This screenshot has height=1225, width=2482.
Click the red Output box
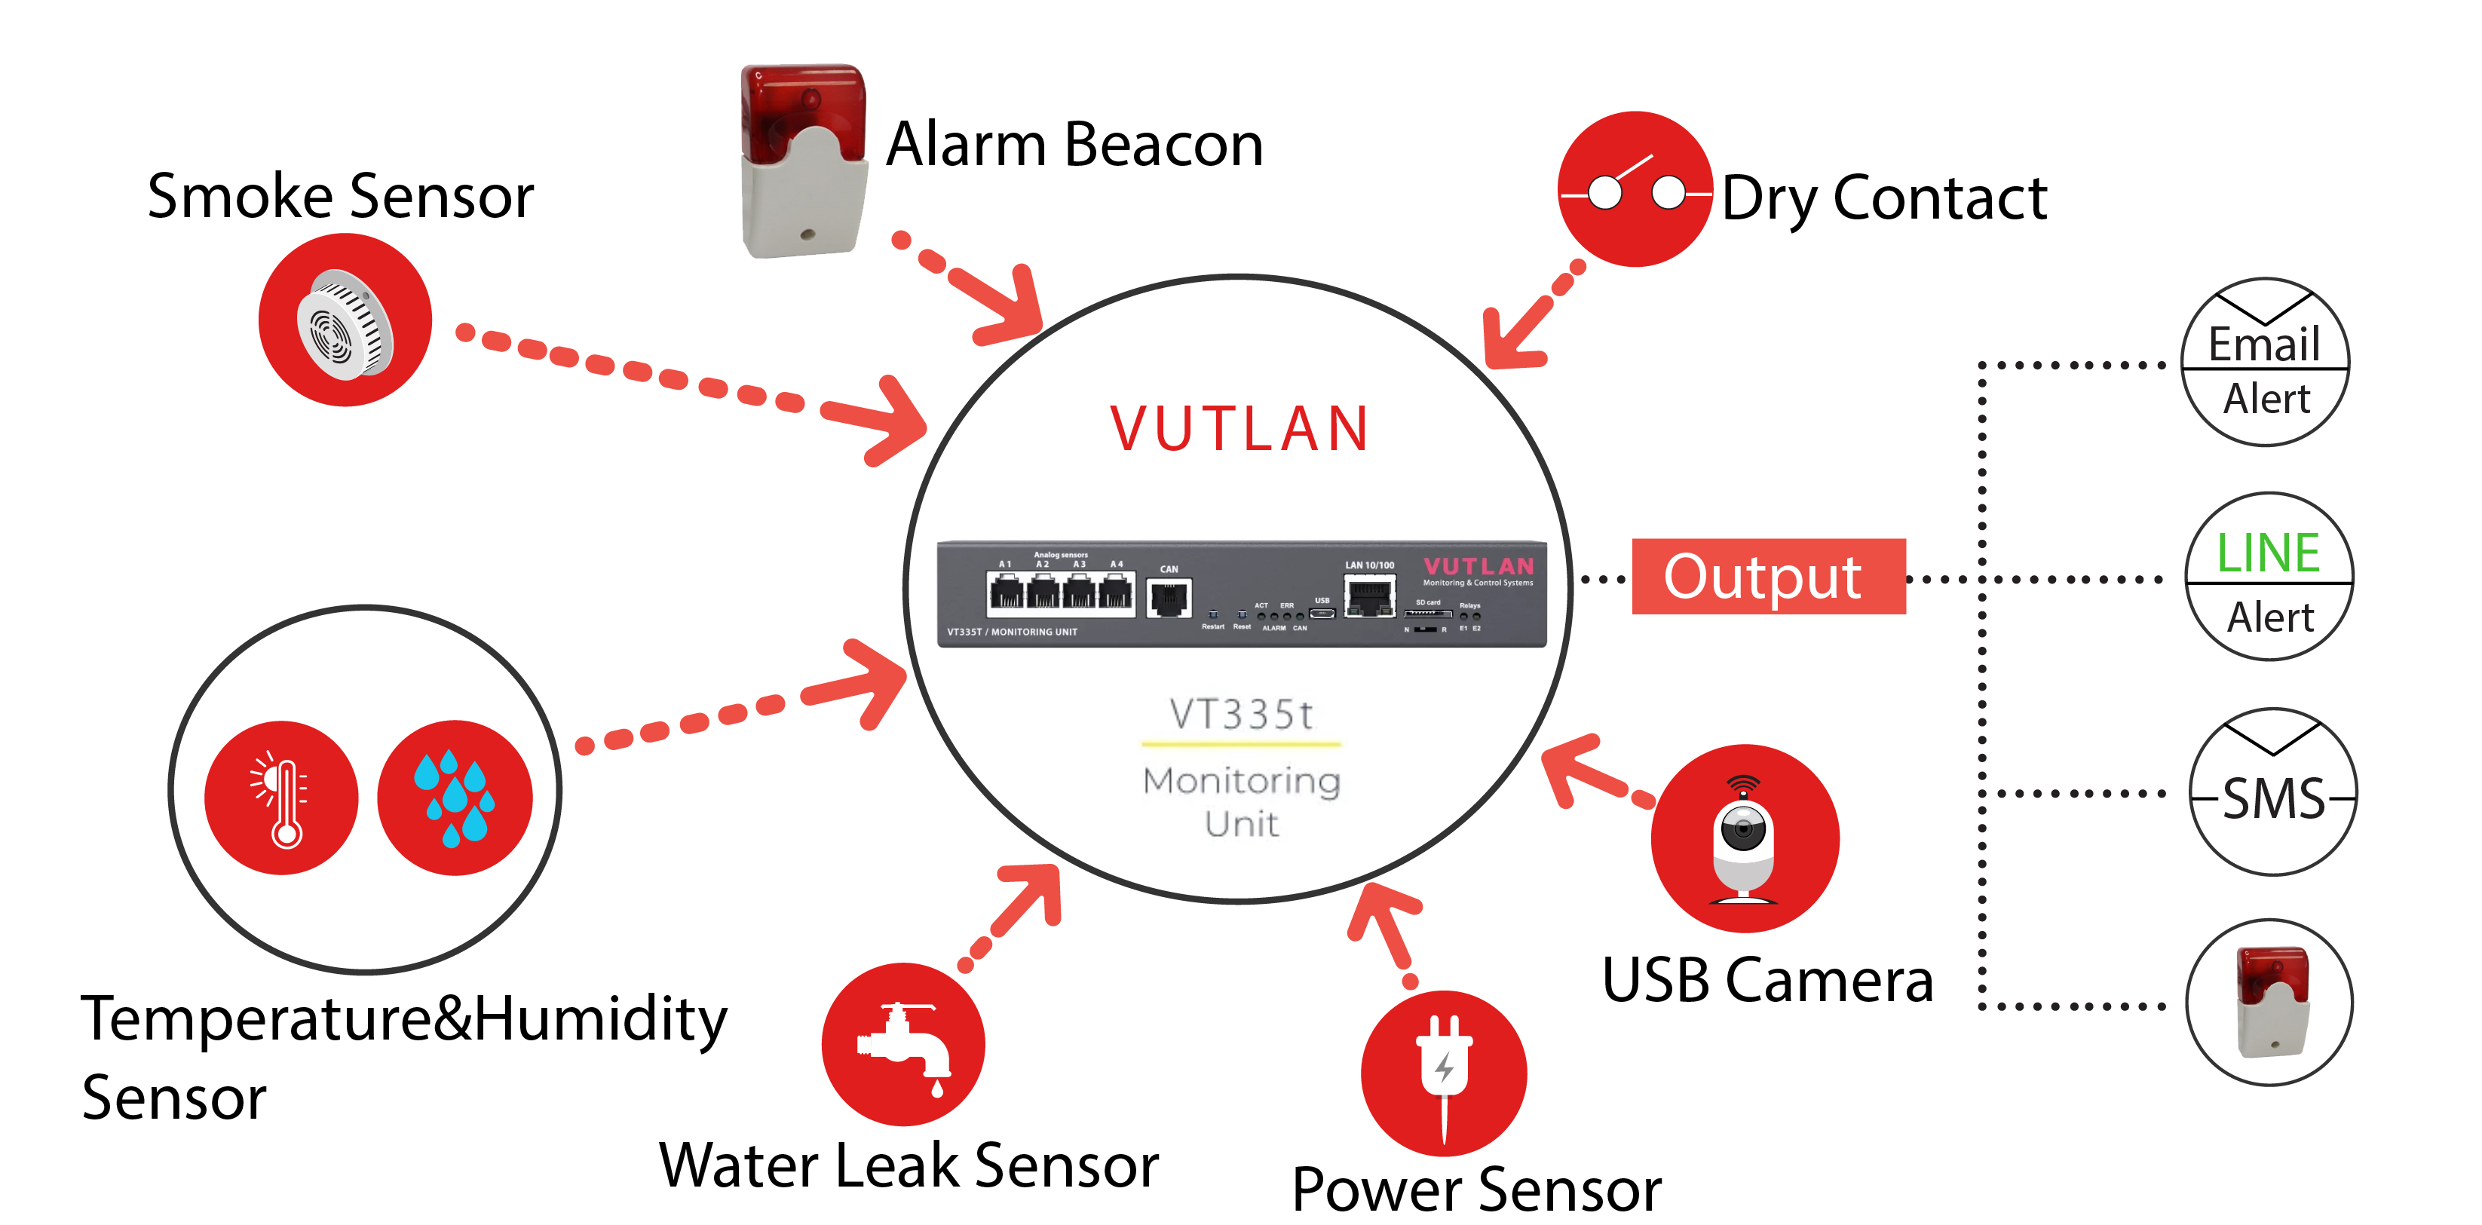pos(1767,576)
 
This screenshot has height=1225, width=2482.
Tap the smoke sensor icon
pos(345,320)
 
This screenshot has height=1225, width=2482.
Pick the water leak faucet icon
pos(902,1045)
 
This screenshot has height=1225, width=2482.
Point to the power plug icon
pos(1443,1073)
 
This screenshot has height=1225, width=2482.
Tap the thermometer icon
pos(281,798)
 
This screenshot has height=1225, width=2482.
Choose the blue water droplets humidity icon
pos(455,798)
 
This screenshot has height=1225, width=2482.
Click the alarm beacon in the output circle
pos(2270,1003)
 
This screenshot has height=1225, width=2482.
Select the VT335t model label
pos(1241,715)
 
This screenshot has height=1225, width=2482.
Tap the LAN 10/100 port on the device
pos(1369,597)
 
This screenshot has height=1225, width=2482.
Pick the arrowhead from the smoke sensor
pos(887,422)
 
